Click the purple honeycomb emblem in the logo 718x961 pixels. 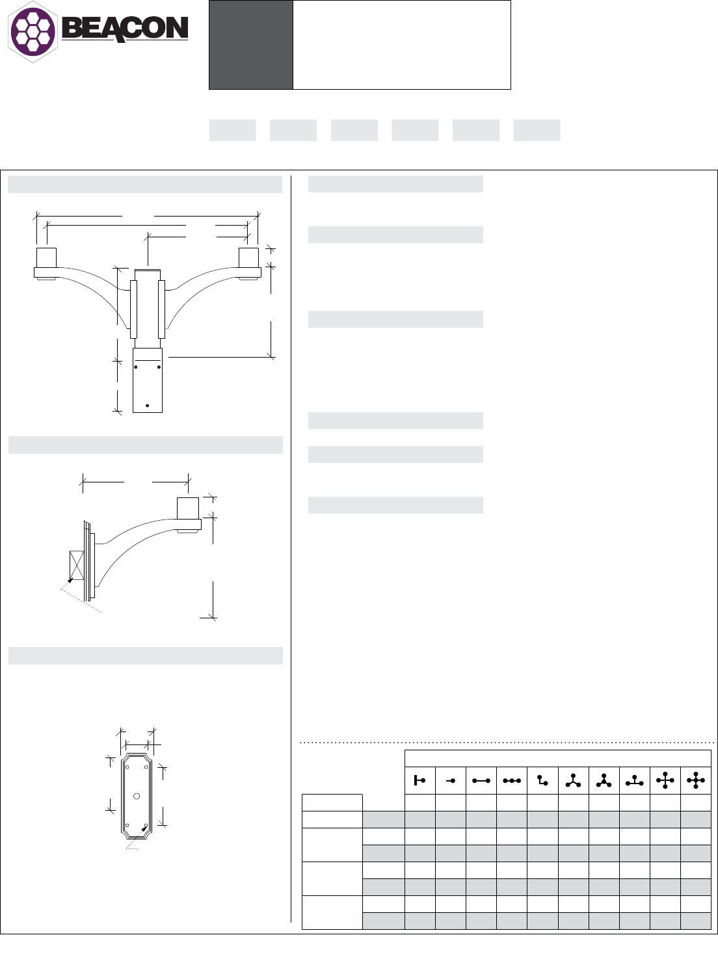(33, 30)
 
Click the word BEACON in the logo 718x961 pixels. (124, 29)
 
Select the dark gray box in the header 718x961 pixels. (250, 45)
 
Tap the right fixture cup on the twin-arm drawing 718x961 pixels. (248, 257)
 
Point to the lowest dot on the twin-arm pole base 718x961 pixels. (148, 406)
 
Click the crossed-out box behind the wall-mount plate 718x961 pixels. (77, 566)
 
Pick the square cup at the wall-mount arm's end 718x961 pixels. (188, 507)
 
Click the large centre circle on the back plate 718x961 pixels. (136, 796)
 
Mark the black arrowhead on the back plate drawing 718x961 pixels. (144, 829)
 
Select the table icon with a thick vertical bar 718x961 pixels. (419, 781)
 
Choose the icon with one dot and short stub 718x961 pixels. (450, 781)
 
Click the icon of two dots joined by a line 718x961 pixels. (481, 781)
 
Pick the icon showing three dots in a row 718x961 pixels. (511, 781)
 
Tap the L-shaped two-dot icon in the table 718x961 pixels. (542, 781)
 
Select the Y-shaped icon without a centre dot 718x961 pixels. (572, 781)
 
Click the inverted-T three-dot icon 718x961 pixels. (634, 781)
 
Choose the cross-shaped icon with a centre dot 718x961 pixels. (695, 781)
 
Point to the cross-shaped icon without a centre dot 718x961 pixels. (665, 781)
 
